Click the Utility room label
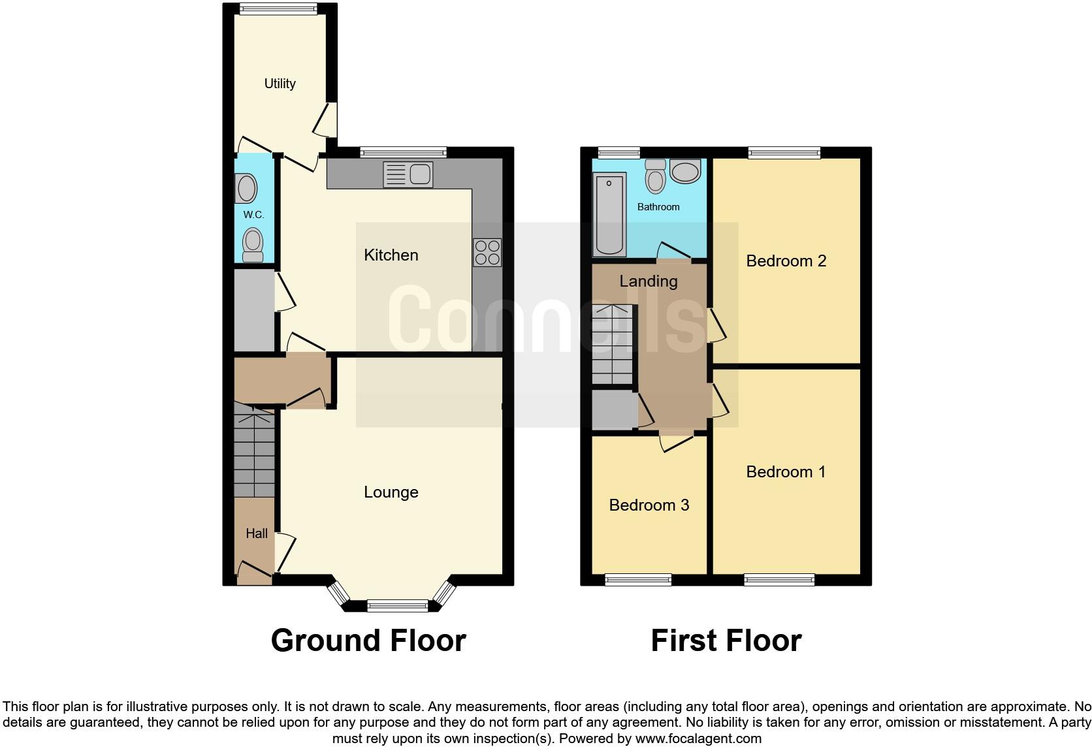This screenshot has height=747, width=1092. [x=280, y=84]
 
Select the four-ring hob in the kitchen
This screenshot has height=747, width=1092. [x=487, y=253]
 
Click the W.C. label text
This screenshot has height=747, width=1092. [x=253, y=215]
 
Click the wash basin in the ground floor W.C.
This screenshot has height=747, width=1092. [x=246, y=188]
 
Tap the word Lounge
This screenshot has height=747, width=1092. [x=391, y=492]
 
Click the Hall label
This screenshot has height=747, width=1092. [x=256, y=533]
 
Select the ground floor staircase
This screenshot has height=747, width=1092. [x=253, y=454]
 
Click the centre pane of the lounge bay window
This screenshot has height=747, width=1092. [x=397, y=606]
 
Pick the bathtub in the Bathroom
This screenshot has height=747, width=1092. [x=610, y=214]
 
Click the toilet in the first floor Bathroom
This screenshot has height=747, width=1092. [x=655, y=176]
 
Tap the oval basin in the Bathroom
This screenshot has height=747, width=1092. [x=684, y=172]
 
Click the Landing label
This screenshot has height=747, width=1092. [x=648, y=281]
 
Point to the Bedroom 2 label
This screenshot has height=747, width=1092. [x=786, y=261]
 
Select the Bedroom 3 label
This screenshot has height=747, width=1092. [x=649, y=505]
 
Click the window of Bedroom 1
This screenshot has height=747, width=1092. [x=779, y=579]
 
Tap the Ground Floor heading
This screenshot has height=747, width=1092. [x=368, y=641]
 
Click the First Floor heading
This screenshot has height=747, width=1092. [x=726, y=641]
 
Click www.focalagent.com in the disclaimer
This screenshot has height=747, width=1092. [x=698, y=739]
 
